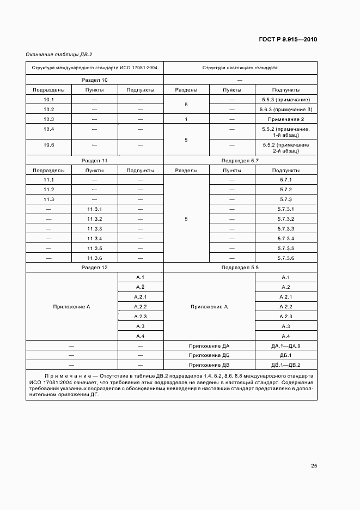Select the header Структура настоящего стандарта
(x=240, y=69)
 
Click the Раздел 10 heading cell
(x=94, y=80)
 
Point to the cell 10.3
(x=49, y=119)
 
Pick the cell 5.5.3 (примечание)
(x=286, y=100)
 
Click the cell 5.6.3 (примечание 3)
(x=286, y=110)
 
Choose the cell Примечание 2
(x=286, y=119)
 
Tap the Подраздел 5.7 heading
(x=240, y=161)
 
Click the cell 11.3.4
(x=94, y=239)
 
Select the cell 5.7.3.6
(x=286, y=258)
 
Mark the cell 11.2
(x=49, y=190)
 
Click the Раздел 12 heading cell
(x=94, y=268)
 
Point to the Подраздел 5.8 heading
(x=240, y=268)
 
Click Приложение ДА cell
(x=209, y=346)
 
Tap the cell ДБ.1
(x=286, y=355)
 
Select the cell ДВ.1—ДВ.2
(x=286, y=365)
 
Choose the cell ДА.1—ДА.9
(x=286, y=346)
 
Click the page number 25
(x=314, y=466)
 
